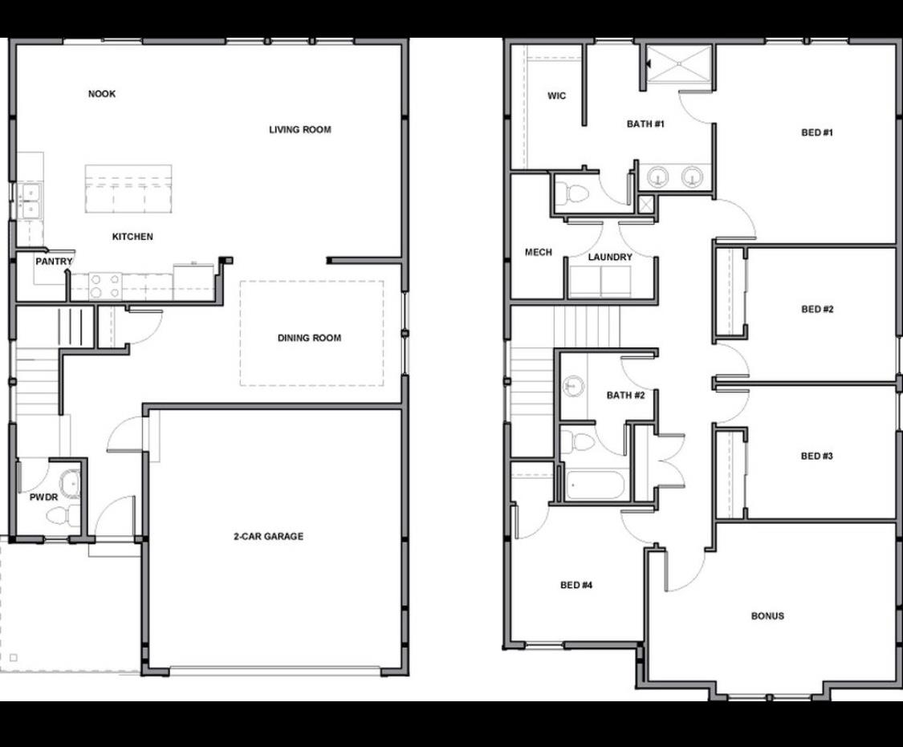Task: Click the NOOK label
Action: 102,94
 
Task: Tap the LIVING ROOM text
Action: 299,129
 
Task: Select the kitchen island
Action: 128,189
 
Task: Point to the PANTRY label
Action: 54,262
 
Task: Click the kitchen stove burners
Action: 105,286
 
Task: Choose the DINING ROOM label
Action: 309,338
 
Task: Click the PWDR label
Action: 43,497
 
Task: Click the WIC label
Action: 556,96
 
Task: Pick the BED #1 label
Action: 817,132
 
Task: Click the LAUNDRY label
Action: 610,257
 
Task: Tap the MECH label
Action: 538,252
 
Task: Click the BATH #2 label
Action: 626,395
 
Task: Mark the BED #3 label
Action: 817,456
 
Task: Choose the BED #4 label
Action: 576,585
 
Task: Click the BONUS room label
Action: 767,616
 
